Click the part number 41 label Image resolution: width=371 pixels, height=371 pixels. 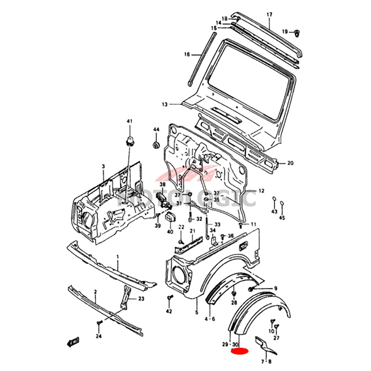(x=129, y=121)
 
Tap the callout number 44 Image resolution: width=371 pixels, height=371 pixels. (x=156, y=129)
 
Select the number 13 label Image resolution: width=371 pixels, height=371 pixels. (x=165, y=104)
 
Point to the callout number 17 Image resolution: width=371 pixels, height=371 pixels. (x=269, y=14)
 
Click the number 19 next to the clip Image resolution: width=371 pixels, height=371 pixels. (x=285, y=32)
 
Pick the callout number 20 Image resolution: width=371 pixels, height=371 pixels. (x=290, y=163)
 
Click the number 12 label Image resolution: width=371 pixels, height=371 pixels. (x=261, y=191)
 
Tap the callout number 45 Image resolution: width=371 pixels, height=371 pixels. (x=282, y=218)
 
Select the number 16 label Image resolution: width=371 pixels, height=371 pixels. (x=187, y=55)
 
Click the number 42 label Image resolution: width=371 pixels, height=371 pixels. (x=169, y=311)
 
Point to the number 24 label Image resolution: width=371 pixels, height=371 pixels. (x=98, y=336)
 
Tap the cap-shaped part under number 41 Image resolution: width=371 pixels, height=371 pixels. (x=129, y=141)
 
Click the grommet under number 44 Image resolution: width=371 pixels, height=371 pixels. (x=156, y=144)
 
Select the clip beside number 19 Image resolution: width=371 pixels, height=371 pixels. (x=297, y=33)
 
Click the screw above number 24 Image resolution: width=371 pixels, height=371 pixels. (x=99, y=324)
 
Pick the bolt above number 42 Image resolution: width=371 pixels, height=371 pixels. (x=170, y=298)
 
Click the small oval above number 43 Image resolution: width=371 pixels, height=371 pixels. (x=274, y=200)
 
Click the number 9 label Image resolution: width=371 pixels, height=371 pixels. (x=276, y=288)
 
